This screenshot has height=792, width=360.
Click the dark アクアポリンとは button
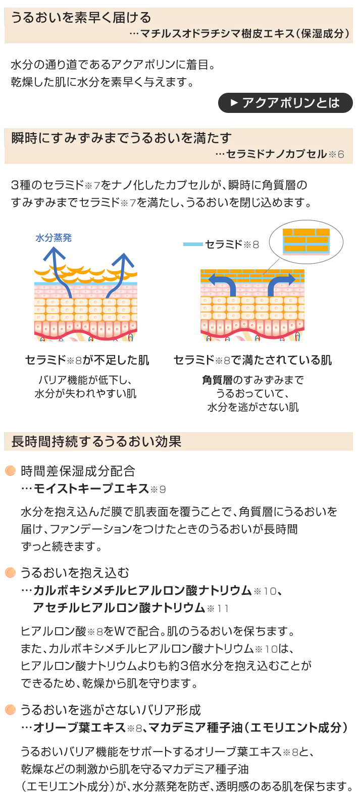(285, 103)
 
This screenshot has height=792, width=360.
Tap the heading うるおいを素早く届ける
(81, 18)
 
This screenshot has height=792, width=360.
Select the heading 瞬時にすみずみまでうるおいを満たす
(121, 138)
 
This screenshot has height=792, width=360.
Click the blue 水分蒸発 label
(54, 237)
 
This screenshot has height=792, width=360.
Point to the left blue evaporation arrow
(57, 272)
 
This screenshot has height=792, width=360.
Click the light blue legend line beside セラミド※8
(192, 245)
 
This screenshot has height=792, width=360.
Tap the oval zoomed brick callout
(305, 242)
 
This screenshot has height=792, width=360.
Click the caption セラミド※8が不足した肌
(87, 360)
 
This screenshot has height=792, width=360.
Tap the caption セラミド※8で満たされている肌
(252, 360)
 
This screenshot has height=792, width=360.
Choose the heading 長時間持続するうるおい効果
(96, 442)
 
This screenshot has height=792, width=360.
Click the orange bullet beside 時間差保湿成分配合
(10, 471)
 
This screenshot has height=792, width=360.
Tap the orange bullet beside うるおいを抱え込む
(10, 572)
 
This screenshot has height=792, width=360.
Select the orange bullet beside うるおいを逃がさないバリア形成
(10, 710)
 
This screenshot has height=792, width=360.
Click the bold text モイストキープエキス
(91, 489)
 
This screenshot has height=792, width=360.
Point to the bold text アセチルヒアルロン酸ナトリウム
(119, 607)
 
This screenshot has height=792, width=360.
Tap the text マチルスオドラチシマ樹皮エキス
(217, 34)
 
